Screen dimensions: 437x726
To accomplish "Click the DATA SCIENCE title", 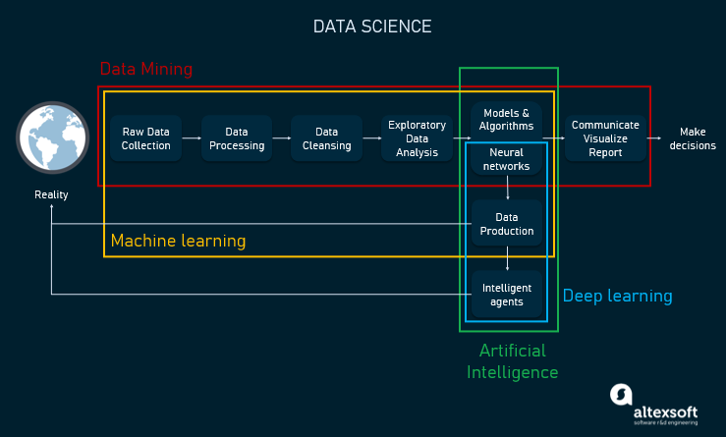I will (371, 27).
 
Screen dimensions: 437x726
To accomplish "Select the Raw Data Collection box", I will (145, 138).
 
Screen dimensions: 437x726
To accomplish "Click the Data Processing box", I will (236, 138).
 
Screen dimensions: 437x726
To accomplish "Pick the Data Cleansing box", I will (326, 138).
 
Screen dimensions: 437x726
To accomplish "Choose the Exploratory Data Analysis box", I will (417, 138).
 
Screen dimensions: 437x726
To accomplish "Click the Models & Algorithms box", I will (506, 120).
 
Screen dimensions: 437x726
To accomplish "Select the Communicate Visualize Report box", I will (605, 138).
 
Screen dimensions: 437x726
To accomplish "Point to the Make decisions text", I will (692, 138).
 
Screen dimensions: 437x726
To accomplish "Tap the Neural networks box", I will (506, 160).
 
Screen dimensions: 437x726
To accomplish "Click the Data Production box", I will (506, 224).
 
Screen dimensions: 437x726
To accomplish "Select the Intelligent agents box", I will (506, 295).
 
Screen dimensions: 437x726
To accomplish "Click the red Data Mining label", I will (146, 70).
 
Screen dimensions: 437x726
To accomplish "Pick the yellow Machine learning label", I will (178, 241).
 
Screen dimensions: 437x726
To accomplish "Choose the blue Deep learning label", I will (617, 296).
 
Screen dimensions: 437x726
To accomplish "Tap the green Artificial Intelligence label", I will (512, 361).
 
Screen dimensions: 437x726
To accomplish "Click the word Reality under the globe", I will (51, 194).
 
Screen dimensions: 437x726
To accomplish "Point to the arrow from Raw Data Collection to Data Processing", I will (192, 138).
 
